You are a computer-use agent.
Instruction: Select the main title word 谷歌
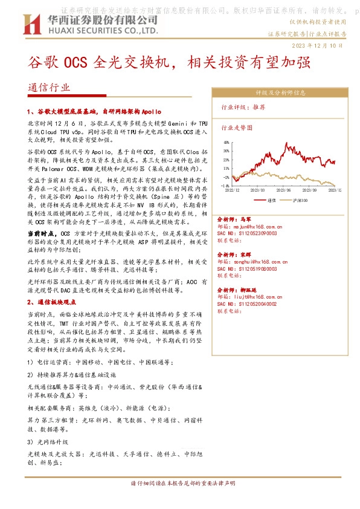[x=40, y=62]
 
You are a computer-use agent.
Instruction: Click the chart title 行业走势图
[x=237, y=128]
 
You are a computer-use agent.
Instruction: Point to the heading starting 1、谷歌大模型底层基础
[x=103, y=112]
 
